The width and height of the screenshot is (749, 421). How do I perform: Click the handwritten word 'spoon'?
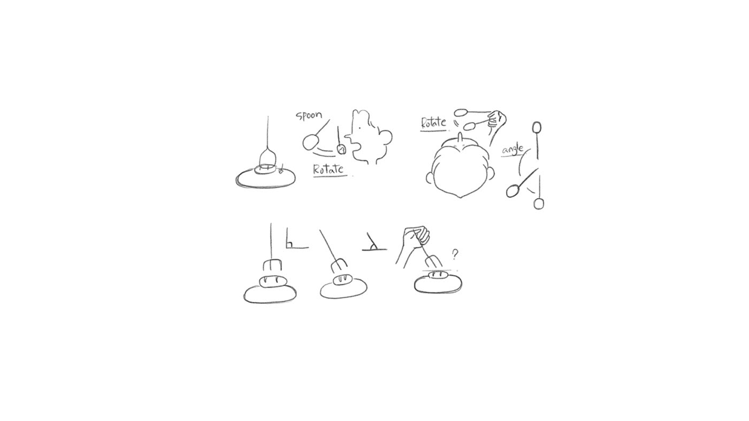pyautogui.click(x=309, y=115)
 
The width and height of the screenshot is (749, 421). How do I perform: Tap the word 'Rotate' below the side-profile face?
pyautogui.click(x=328, y=169)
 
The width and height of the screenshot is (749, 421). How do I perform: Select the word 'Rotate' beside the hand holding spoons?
pyautogui.click(x=433, y=122)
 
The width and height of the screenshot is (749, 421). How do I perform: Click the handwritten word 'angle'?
pyautogui.click(x=512, y=150)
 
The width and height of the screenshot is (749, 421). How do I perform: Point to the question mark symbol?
pyautogui.click(x=455, y=254)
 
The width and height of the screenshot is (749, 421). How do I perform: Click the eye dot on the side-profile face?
pyautogui.click(x=360, y=128)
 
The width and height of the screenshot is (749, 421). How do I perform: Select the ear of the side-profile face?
pyautogui.click(x=385, y=137)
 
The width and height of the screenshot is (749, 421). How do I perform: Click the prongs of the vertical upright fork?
pyautogui.click(x=272, y=266)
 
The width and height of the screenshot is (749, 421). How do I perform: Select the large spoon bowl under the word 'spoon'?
pyautogui.click(x=310, y=143)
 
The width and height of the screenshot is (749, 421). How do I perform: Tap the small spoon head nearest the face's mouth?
pyautogui.click(x=341, y=150)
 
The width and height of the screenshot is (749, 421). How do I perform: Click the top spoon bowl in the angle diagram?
pyautogui.click(x=537, y=127)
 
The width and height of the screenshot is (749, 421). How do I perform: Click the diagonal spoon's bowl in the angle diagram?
pyautogui.click(x=512, y=191)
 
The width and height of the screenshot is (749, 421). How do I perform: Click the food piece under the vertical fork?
pyautogui.click(x=271, y=282)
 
